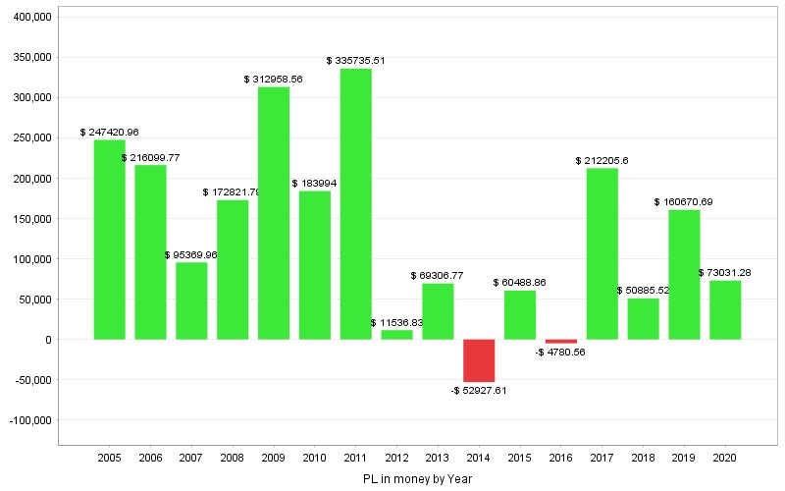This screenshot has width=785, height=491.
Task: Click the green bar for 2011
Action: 356,204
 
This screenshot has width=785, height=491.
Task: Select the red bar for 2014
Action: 479,360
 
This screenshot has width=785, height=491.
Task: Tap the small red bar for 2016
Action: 561,341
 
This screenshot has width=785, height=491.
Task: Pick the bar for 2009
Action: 274,213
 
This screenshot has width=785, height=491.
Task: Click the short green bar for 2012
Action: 397,335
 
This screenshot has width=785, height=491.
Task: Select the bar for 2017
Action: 602,254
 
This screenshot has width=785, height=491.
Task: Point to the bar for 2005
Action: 110,240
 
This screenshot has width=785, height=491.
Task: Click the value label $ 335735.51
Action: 356,60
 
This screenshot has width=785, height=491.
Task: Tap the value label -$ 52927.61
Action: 479,390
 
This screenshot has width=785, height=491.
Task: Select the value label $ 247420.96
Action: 110,132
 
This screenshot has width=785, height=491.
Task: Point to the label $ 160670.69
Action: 684,201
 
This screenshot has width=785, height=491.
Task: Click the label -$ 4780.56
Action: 561,352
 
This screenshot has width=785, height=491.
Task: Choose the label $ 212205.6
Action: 602,160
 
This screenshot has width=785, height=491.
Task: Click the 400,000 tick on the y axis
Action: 29,18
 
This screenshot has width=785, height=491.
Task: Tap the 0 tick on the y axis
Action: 47,340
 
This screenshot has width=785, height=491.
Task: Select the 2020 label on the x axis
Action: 725,458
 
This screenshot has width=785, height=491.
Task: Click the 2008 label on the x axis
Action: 233,458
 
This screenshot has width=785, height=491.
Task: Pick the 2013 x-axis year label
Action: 438,458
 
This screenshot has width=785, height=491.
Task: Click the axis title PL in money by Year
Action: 417,479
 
